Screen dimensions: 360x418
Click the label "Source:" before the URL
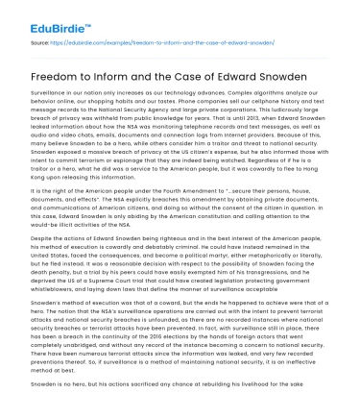pos(41,43)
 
